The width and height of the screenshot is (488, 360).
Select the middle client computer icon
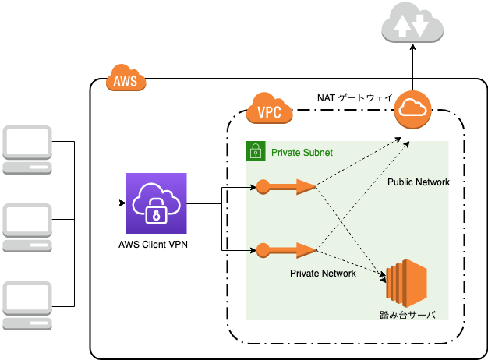point(27,227)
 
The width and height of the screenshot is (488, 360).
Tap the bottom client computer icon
point(27,305)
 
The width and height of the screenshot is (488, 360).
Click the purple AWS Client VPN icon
point(157,203)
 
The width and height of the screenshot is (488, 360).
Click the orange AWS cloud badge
point(126,79)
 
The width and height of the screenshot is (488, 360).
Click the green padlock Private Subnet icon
point(254,150)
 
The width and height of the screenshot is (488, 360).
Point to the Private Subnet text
point(302,151)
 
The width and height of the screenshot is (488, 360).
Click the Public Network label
point(419,182)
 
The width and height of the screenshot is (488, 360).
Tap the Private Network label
point(323,274)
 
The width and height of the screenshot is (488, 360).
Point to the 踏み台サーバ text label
point(407,315)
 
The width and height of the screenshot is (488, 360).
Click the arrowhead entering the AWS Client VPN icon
point(122,203)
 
